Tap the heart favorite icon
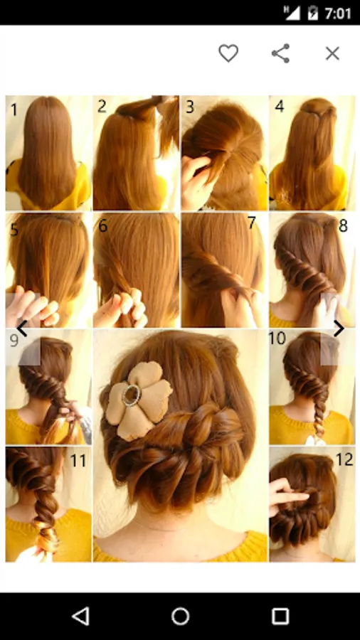pyautogui.click(x=228, y=53)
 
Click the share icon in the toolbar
pyautogui.click(x=280, y=53)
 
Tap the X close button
pyautogui.click(x=332, y=53)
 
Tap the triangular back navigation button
pyautogui.click(x=80, y=616)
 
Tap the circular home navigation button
pyautogui.click(x=180, y=616)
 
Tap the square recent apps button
pyautogui.click(x=280, y=616)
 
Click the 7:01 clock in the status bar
pyautogui.click(x=338, y=14)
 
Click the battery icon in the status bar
pyautogui.click(x=312, y=13)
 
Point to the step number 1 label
pyautogui.click(x=14, y=110)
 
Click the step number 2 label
pyautogui.click(x=102, y=106)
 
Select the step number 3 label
pyautogui.click(x=190, y=107)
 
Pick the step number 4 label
pyautogui.click(x=279, y=106)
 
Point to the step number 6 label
pyautogui.click(x=102, y=225)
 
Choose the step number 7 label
pyautogui.click(x=251, y=223)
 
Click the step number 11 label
pyautogui.click(x=78, y=460)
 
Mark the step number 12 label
pyautogui.click(x=344, y=459)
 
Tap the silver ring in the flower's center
pyautogui.click(x=132, y=394)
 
